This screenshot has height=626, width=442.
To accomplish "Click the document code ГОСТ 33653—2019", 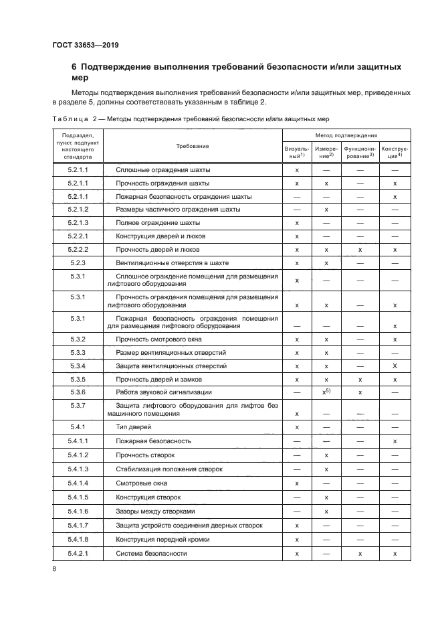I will tap(81, 46).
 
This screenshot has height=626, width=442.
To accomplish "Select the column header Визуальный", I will tap(296, 151).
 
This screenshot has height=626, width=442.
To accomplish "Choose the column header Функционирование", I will tap(360, 151).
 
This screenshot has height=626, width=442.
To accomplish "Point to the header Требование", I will tap(193, 146).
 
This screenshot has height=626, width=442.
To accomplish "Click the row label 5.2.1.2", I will tap(78, 210).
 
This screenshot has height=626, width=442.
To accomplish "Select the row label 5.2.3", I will tap(78, 262).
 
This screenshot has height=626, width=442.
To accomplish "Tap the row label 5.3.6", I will tap(78, 392).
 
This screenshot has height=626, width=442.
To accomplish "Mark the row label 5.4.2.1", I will tap(78, 554).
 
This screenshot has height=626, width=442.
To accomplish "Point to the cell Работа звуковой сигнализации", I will tap(163, 392).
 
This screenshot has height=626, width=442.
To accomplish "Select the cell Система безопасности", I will tap(151, 554).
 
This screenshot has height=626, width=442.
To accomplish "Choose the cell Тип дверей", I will tap(134, 426).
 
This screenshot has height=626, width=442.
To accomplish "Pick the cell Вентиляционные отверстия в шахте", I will tap(177, 262).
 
